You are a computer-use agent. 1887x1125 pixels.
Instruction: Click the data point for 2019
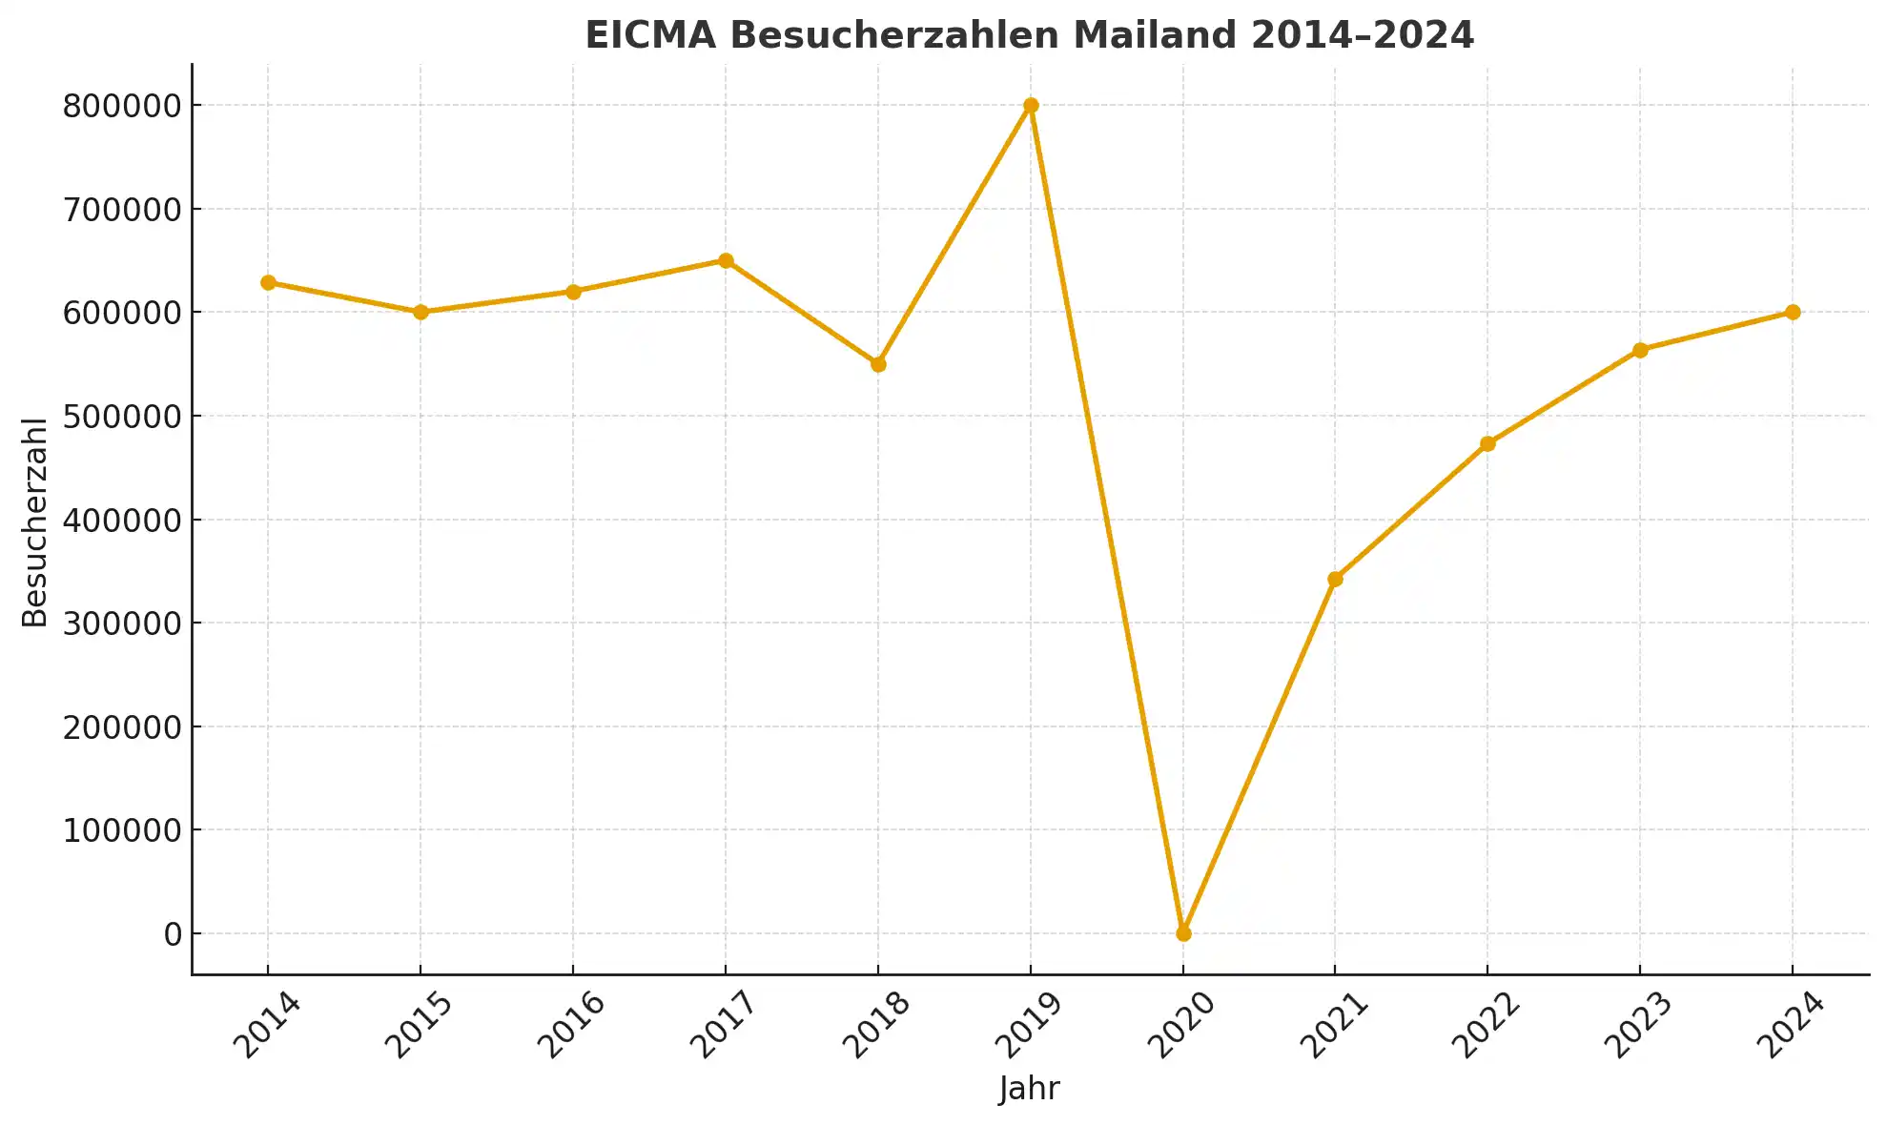pos(1031,106)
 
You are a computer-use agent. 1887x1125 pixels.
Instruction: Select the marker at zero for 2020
pos(1183,933)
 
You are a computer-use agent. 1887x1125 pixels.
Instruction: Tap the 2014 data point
pos(268,282)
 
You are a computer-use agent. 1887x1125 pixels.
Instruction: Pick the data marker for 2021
pos(1335,579)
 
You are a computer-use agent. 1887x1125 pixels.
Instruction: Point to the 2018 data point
pos(878,364)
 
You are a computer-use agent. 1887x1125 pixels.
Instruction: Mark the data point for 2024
pos(1793,312)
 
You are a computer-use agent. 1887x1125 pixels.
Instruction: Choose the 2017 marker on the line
pos(726,260)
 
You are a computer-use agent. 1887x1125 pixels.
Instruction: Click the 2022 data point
pos(1487,443)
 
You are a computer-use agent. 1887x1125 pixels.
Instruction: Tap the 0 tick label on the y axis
pos(173,934)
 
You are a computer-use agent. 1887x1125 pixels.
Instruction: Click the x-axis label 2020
pos(1181,1025)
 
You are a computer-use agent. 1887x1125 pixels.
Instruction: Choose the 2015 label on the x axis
pos(419,1025)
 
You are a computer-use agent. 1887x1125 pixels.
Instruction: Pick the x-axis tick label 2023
pos(1638,1025)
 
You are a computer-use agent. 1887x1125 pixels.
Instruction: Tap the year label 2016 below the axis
pos(571,1025)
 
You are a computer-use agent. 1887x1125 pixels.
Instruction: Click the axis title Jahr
pos(1030,1089)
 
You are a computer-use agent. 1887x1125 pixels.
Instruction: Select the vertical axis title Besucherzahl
pos(34,522)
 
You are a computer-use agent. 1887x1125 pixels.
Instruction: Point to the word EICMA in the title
pos(650,35)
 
